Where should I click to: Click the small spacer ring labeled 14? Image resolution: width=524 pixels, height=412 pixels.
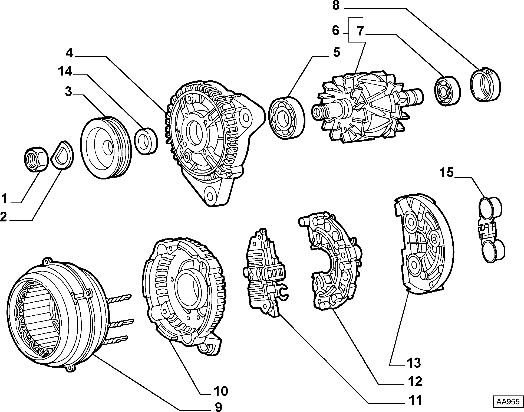[x=147, y=140]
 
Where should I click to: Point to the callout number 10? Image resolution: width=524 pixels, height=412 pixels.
[x=221, y=391]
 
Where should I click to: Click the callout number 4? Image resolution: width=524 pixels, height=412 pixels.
[x=70, y=53]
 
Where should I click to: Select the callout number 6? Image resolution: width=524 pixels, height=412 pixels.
[x=335, y=31]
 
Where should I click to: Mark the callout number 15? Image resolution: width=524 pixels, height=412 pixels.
[x=446, y=172]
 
